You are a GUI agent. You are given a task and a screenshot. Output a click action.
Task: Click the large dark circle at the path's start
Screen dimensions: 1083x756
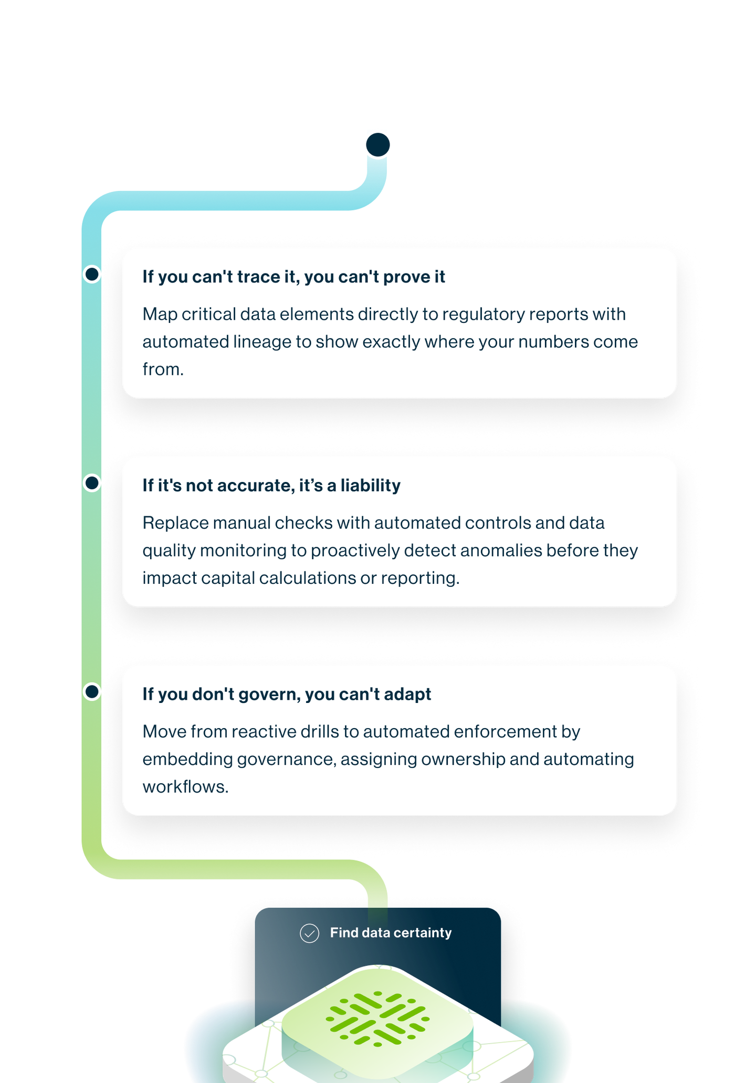pos(377,144)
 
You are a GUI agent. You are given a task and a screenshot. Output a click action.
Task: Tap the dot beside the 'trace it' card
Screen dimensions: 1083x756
pos(92,274)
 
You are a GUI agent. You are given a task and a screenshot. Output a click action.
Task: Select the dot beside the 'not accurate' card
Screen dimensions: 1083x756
pos(92,482)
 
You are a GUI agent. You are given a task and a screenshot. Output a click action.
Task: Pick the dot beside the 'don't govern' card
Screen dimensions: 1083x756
pos(92,691)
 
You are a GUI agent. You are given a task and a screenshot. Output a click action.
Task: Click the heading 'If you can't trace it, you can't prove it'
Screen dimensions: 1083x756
pos(293,277)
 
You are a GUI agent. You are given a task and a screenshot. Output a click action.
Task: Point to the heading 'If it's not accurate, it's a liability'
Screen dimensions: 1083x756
pos(271,485)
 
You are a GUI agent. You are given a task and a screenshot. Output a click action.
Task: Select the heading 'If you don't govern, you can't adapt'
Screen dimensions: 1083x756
pos(287,694)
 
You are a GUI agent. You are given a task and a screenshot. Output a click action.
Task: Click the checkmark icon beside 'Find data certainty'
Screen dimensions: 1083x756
pos(309,933)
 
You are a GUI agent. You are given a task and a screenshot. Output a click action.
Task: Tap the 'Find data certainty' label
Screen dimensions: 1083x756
pos(391,933)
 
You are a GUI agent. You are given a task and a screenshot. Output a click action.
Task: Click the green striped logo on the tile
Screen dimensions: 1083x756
pos(377,1018)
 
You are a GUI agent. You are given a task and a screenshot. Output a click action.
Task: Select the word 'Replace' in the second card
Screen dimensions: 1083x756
pos(175,523)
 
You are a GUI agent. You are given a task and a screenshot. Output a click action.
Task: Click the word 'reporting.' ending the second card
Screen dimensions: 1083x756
pos(420,578)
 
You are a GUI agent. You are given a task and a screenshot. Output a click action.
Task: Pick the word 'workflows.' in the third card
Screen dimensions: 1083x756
pos(185,787)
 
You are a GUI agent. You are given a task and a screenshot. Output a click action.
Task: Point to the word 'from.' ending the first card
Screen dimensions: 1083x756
pos(163,370)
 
